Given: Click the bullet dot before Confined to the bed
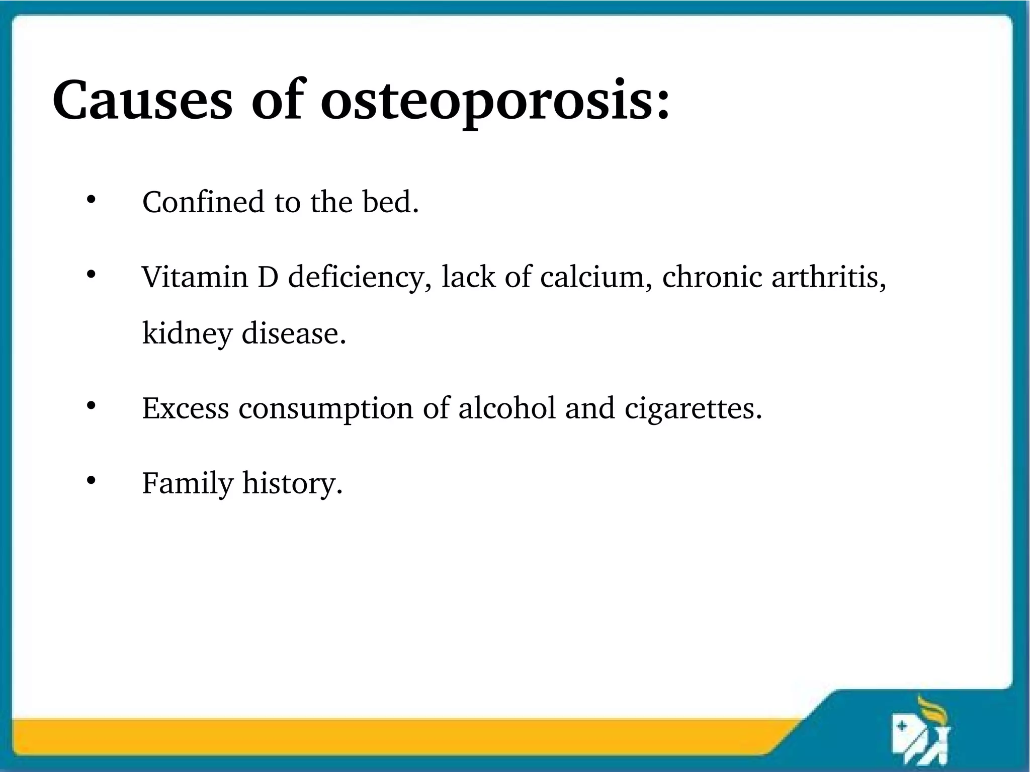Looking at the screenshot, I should coord(91,200).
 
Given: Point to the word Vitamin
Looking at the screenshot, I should coord(195,277).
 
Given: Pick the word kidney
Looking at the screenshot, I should coord(187,333).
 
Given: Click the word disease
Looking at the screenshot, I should coord(294,332).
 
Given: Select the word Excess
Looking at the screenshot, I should coord(186,408).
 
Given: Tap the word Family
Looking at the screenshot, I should coord(188,483).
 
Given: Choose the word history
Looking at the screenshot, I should coord(292,483).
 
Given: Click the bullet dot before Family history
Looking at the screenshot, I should coord(91,481).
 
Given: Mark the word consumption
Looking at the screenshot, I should coord(326,409).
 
